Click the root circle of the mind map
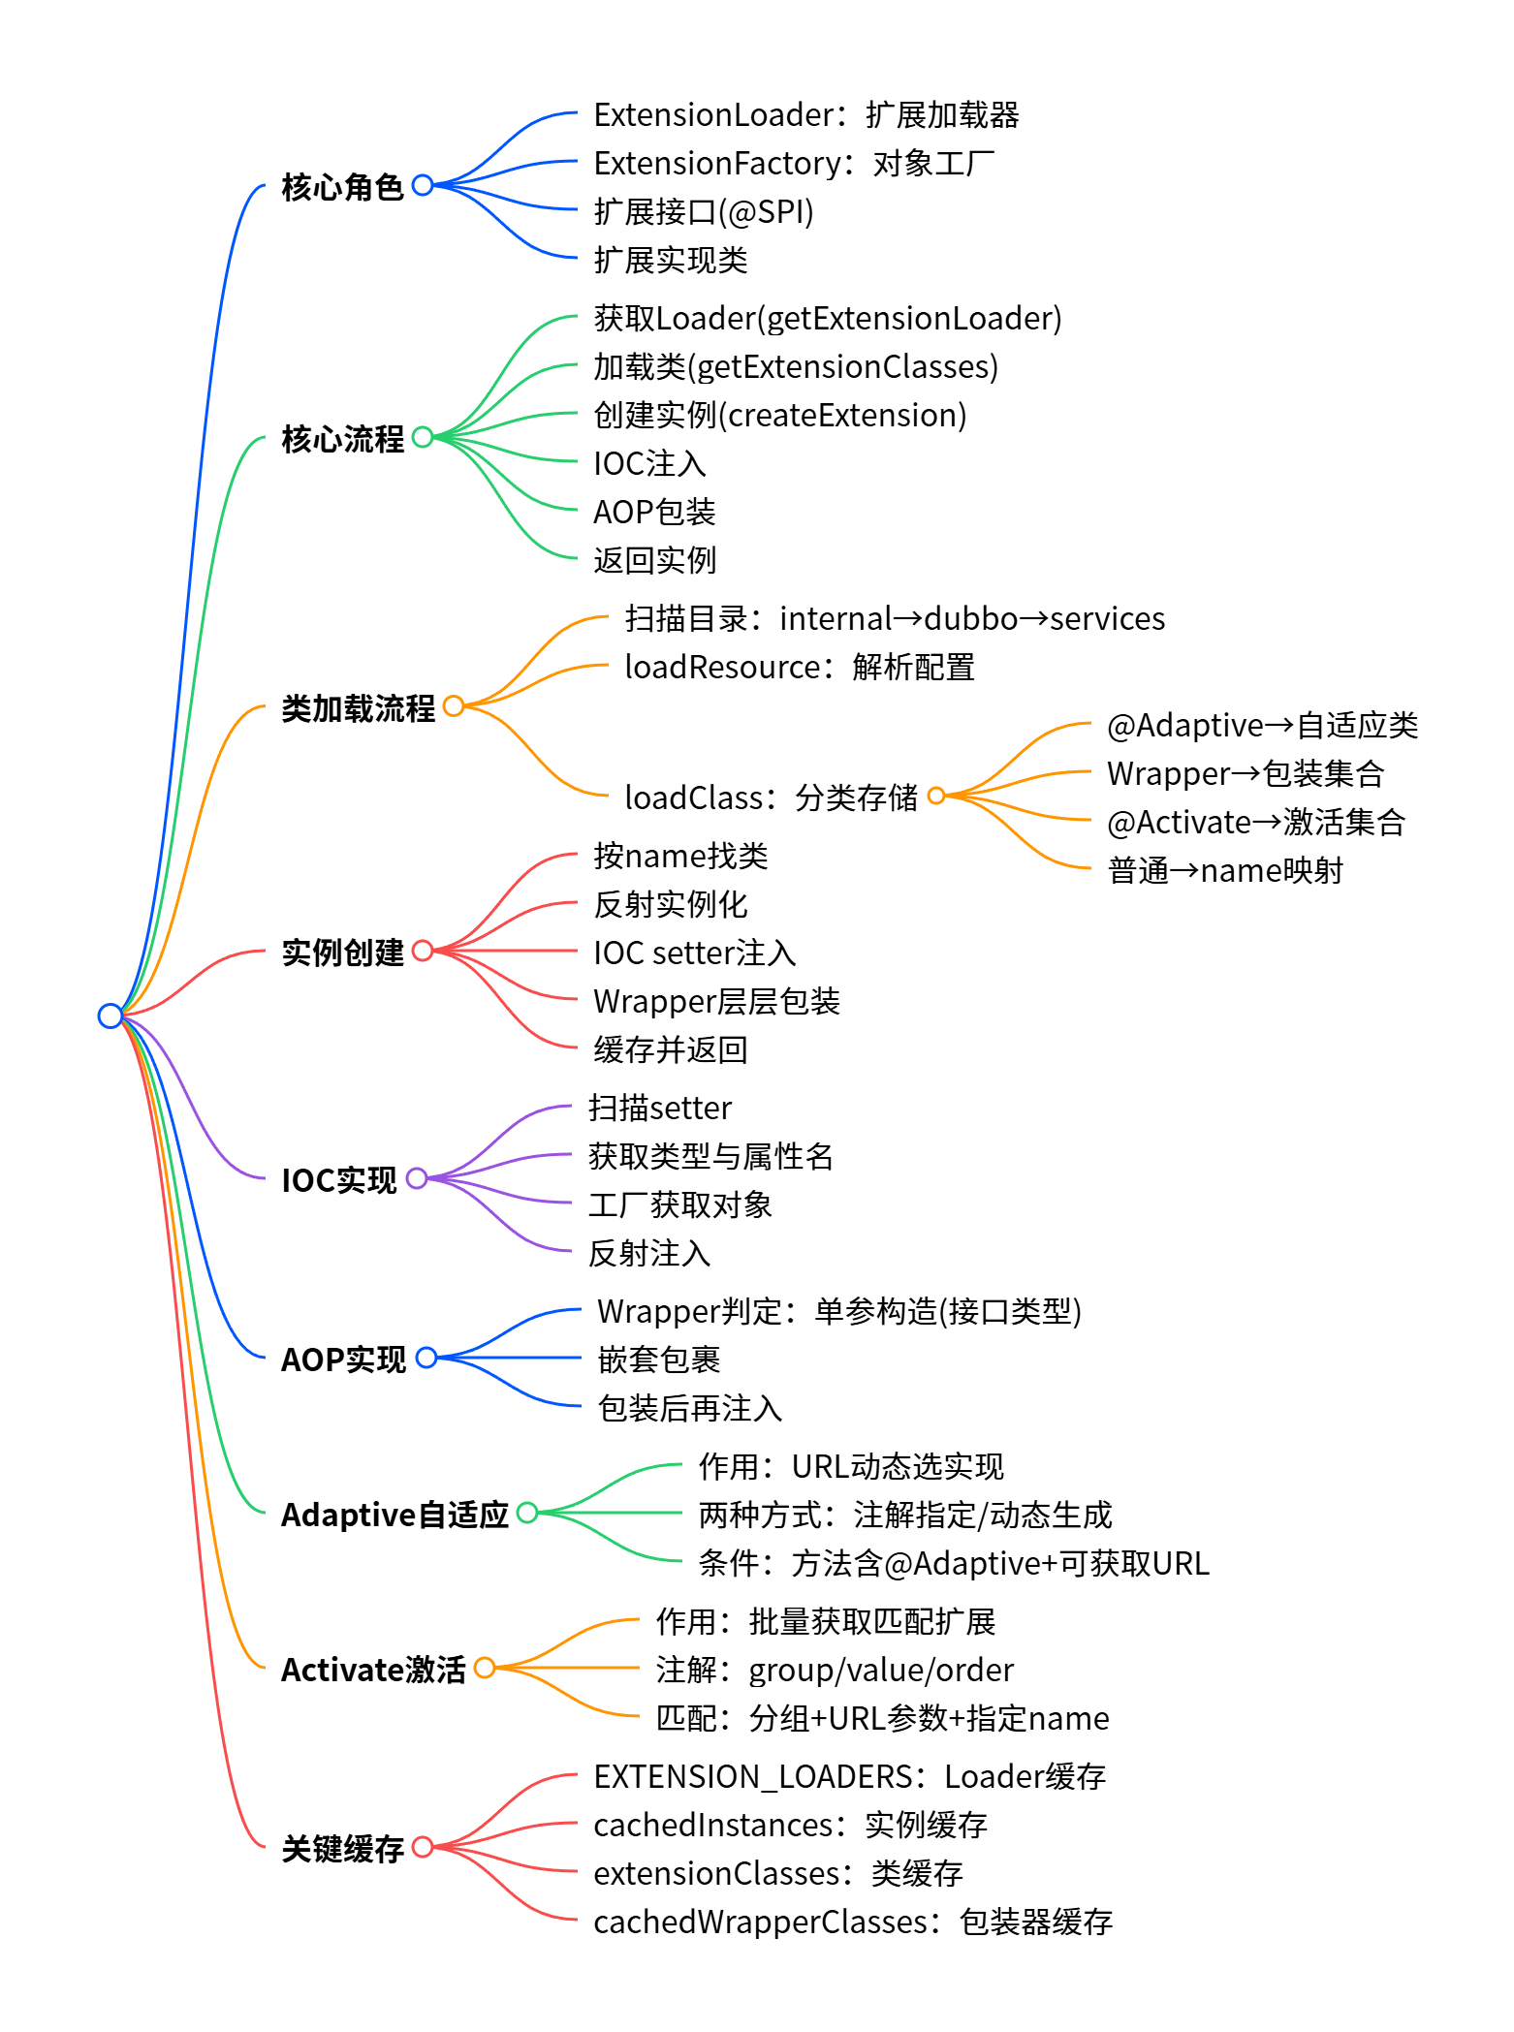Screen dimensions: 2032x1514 coord(110,1015)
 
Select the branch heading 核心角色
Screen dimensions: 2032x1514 coord(341,186)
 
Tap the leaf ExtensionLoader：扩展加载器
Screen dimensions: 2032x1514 coord(805,114)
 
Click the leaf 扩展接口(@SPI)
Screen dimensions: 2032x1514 coord(703,211)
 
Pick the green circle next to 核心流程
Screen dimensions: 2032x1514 coord(423,437)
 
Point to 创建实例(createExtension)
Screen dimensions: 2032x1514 coord(779,415)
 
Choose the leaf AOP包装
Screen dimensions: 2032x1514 coord(654,512)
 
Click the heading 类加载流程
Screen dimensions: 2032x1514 coord(358,707)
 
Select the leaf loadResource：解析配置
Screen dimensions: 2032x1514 coord(799,667)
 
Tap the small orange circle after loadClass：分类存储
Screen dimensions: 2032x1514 coord(936,796)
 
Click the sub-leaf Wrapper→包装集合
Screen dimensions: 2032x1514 coord(1245,773)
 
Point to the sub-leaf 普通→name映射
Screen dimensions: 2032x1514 coord(1224,870)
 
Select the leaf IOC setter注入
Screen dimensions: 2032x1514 coord(694,953)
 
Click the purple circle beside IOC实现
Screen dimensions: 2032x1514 coord(417,1178)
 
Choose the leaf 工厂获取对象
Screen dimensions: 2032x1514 coord(679,1204)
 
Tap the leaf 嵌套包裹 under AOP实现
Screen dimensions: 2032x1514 coord(658,1360)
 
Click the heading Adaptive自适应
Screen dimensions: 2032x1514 coord(394,1514)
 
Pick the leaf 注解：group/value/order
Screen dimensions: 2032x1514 coord(834,1670)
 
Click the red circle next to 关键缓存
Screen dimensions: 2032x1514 coord(423,1847)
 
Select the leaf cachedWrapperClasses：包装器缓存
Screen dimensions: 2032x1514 coord(852,1922)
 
